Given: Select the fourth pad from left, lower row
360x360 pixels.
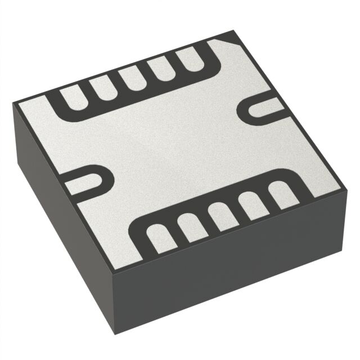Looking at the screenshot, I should pyautogui.click(x=251, y=206).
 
